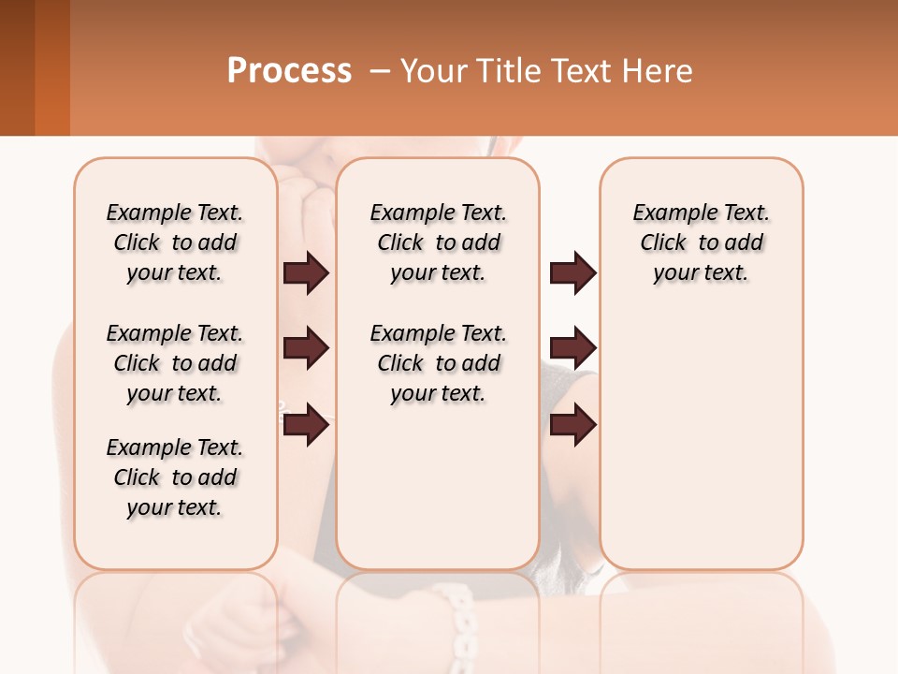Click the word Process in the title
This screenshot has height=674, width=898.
click(x=289, y=71)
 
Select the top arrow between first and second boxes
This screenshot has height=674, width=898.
click(x=306, y=273)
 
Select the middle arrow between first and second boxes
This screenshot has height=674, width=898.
click(x=306, y=348)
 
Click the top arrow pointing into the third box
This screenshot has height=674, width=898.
click(x=572, y=273)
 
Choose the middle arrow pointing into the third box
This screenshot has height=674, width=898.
click(x=572, y=348)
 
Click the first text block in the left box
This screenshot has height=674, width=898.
click(x=175, y=242)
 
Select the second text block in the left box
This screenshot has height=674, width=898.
click(x=175, y=363)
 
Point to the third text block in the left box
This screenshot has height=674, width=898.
click(x=175, y=477)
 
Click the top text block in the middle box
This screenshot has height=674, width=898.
click(x=438, y=242)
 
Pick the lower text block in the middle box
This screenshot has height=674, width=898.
click(x=438, y=363)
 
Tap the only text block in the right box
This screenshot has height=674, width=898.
click(x=701, y=242)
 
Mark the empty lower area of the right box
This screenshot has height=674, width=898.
click(x=701, y=449)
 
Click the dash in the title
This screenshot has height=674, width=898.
click(x=380, y=71)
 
